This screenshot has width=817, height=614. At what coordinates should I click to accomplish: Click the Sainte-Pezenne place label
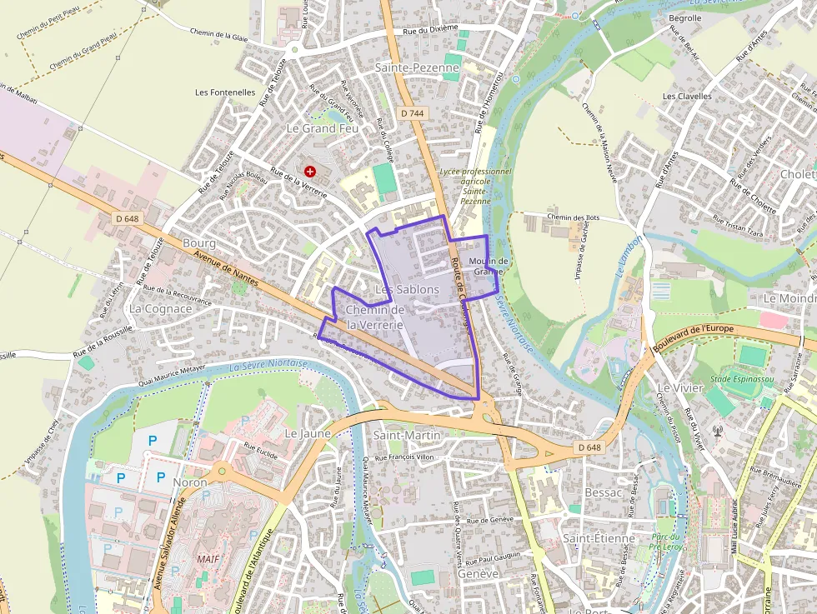(417, 67)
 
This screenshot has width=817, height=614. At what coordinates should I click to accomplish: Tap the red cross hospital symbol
(310, 171)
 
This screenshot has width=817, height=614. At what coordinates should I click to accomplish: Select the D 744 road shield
(412, 112)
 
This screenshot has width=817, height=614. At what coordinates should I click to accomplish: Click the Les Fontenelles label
(225, 92)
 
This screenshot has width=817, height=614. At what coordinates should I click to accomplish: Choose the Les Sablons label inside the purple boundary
(407, 289)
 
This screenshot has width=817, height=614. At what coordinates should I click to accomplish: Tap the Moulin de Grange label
(489, 266)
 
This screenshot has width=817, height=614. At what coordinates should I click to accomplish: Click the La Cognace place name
(161, 308)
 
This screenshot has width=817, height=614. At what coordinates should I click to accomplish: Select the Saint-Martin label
(407, 435)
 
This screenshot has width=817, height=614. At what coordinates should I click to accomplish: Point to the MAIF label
(208, 558)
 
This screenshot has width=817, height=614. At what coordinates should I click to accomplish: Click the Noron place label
(189, 482)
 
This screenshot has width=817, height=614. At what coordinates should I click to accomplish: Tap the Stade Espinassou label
(741, 379)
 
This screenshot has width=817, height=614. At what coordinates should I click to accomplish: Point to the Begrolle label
(684, 17)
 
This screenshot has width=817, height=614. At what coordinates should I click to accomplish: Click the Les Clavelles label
(687, 96)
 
